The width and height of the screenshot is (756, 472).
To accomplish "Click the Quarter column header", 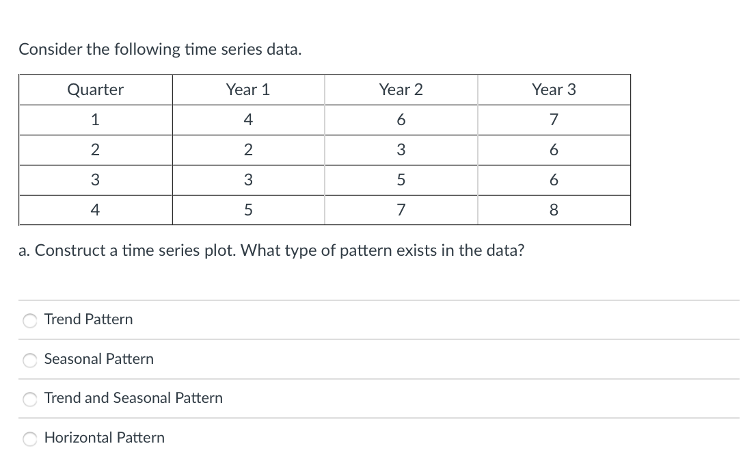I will coord(95,90).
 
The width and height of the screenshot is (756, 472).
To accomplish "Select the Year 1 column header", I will coord(248,90).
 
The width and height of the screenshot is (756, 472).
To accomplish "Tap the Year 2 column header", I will coord(401,90).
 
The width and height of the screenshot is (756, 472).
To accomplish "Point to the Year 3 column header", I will coord(554,90).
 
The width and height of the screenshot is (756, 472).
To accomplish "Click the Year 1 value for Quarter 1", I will coord(248,120).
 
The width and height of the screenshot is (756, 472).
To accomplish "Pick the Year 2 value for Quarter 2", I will coord(401,150).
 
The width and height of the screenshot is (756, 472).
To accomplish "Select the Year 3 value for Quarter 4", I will coord(554,210).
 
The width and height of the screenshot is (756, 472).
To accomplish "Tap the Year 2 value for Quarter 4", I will coord(401,210).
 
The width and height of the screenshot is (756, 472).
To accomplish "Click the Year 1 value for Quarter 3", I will coord(248,180).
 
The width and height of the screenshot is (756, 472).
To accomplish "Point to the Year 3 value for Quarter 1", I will coord(554,120).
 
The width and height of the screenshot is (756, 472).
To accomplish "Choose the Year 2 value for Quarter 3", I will coord(401,180).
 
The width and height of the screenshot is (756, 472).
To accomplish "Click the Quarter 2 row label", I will coord(95,150).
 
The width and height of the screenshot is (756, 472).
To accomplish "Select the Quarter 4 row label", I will coord(95,210).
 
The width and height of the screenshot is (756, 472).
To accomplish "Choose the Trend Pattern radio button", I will coord(30,320).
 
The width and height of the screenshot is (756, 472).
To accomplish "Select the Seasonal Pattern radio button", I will coord(30,360).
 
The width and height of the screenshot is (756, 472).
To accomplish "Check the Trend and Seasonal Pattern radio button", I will coord(30,399).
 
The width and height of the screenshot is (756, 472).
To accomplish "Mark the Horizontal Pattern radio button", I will coord(30,438).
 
